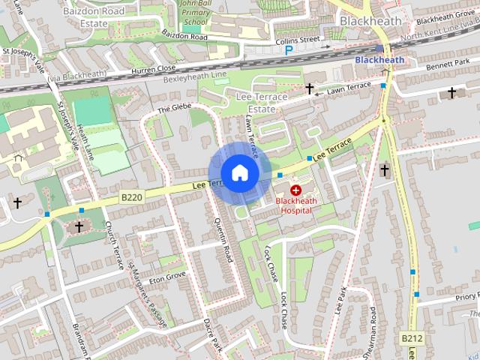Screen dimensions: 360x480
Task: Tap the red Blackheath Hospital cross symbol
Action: click(295, 191)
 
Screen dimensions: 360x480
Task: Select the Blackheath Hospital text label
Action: click(296, 205)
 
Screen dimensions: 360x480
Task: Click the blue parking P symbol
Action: click(289, 50)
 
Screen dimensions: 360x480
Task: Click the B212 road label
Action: click(412, 338)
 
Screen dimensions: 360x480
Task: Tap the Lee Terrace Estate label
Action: click(262, 103)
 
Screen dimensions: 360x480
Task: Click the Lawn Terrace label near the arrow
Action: click(349, 88)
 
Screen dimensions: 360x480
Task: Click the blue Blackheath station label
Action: click(379, 60)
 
